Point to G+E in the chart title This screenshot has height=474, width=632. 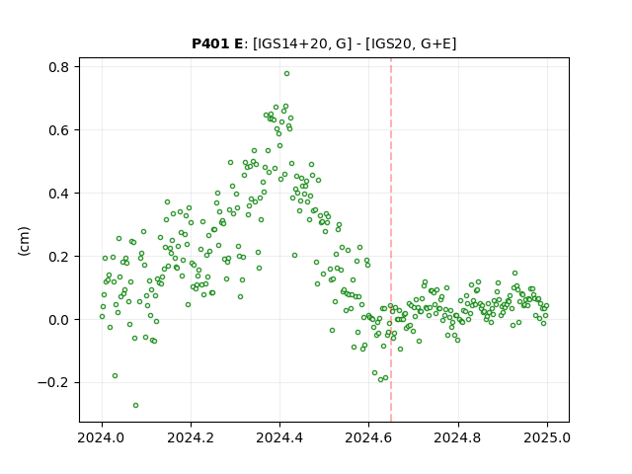point(436,43)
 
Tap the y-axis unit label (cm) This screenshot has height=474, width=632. point(24,241)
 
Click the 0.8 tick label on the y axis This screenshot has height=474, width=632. point(59,67)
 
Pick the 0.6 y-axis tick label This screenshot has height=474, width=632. point(59,130)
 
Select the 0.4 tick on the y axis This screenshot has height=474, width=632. point(59,194)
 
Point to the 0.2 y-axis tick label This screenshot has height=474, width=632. point(59,257)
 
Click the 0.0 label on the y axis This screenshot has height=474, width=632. point(59,320)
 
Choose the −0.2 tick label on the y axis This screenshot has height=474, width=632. point(53,383)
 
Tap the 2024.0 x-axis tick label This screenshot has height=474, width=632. point(102,437)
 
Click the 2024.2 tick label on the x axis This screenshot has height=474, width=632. point(191,437)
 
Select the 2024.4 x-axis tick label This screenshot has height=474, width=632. point(279,437)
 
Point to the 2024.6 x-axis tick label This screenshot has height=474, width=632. point(368,437)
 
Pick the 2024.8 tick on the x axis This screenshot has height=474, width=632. point(458,437)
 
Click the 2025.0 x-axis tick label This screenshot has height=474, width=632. point(547,437)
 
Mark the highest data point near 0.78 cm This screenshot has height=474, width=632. point(286,74)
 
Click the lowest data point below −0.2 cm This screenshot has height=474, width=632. point(135,405)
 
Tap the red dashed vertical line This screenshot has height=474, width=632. point(391,240)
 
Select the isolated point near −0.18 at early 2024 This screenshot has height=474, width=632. point(115,375)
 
